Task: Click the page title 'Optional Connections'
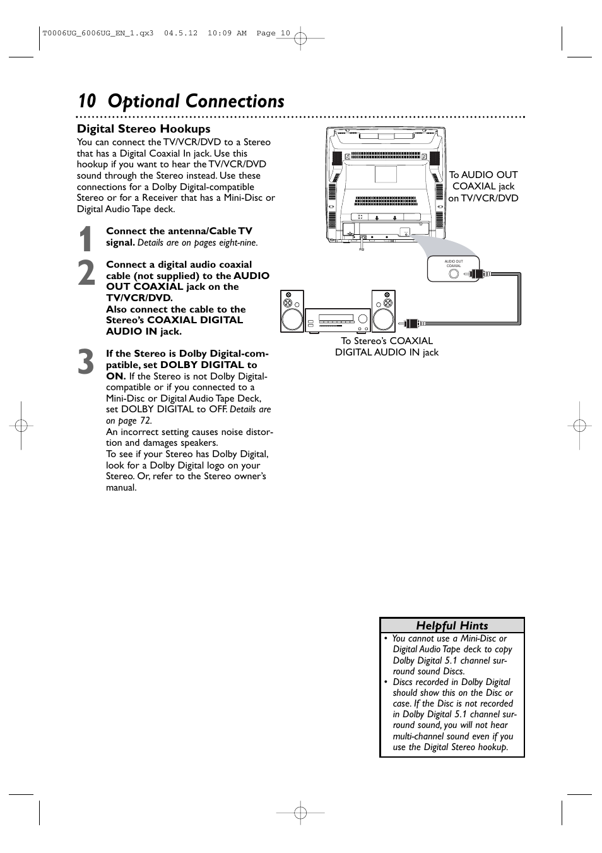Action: click(x=196, y=101)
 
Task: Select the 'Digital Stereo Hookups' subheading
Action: click(x=143, y=129)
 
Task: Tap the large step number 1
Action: click(x=87, y=239)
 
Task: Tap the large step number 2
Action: click(x=87, y=273)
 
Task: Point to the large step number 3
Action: click(x=87, y=362)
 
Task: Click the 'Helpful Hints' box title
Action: click(x=452, y=626)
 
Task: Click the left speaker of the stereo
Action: click(x=292, y=311)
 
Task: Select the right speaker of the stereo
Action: click(x=383, y=311)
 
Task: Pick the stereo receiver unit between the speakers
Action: click(x=338, y=320)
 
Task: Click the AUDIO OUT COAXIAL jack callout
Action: click(x=454, y=268)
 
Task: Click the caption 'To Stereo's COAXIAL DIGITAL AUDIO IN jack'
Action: click(x=387, y=347)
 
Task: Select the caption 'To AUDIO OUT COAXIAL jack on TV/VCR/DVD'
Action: click(x=483, y=186)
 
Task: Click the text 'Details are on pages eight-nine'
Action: click(x=197, y=242)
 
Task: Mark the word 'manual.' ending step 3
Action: click(x=121, y=487)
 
